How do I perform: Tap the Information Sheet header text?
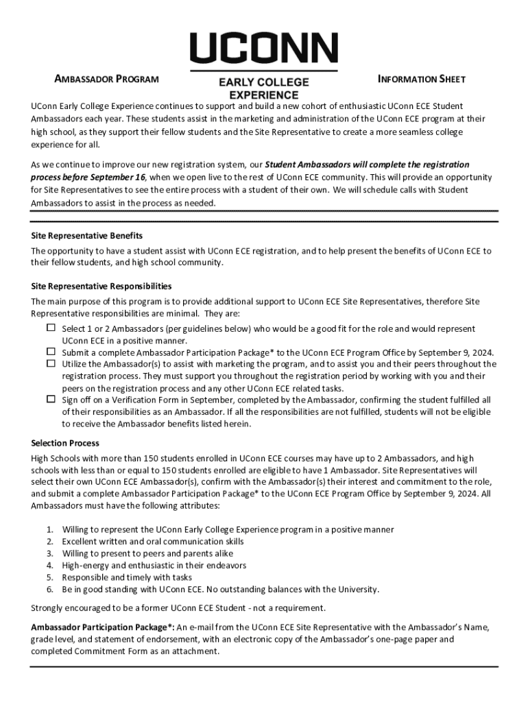coord(422,79)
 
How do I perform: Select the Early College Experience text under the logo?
coord(263,88)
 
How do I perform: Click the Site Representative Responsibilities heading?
coord(101,286)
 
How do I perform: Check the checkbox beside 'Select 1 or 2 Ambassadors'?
coord(51,328)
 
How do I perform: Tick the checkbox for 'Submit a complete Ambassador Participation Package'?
coord(51,352)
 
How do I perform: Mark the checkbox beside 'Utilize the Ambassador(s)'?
coord(51,363)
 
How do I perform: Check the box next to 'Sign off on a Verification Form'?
coord(51,399)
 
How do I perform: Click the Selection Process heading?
coord(65,443)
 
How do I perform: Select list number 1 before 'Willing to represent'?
coord(50,530)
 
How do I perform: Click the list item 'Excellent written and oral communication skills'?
coord(152,542)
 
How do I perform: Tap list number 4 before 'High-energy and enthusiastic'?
coord(50,566)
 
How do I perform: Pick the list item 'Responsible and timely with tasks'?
coord(127,577)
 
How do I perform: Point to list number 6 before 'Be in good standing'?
coord(50,589)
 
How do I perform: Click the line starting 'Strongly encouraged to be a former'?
coord(178,608)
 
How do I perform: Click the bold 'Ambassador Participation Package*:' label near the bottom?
coord(103,627)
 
